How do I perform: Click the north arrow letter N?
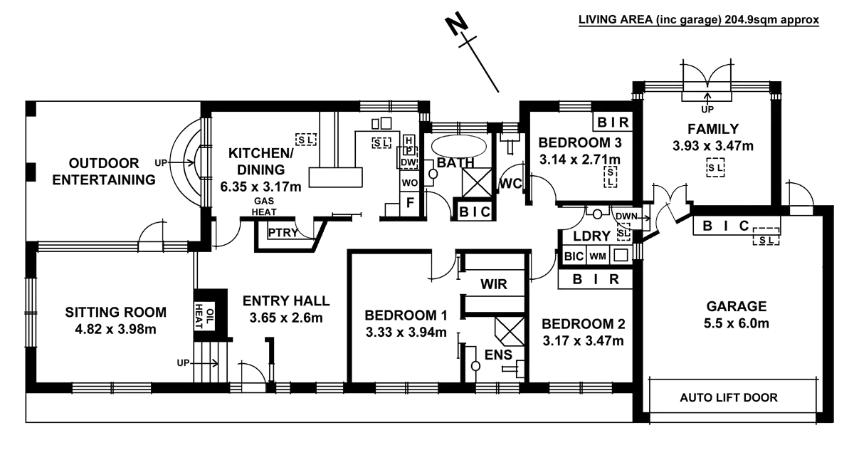457,23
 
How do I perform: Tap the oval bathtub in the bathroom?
458,146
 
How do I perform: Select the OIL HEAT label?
204,316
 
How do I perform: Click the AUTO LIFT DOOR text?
729,398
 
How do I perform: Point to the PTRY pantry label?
283,233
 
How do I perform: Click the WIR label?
494,284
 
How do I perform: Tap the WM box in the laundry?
597,256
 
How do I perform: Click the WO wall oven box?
409,182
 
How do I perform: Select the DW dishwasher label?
408,162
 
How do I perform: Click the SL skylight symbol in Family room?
715,167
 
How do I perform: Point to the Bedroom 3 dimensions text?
580,159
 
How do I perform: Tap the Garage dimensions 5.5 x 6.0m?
736,323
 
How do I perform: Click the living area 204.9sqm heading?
699,20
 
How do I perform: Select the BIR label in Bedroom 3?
613,122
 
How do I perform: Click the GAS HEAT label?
264,207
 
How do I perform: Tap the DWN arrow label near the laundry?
626,216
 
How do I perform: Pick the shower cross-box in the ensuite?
510,331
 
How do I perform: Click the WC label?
510,184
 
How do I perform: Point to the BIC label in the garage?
727,226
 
